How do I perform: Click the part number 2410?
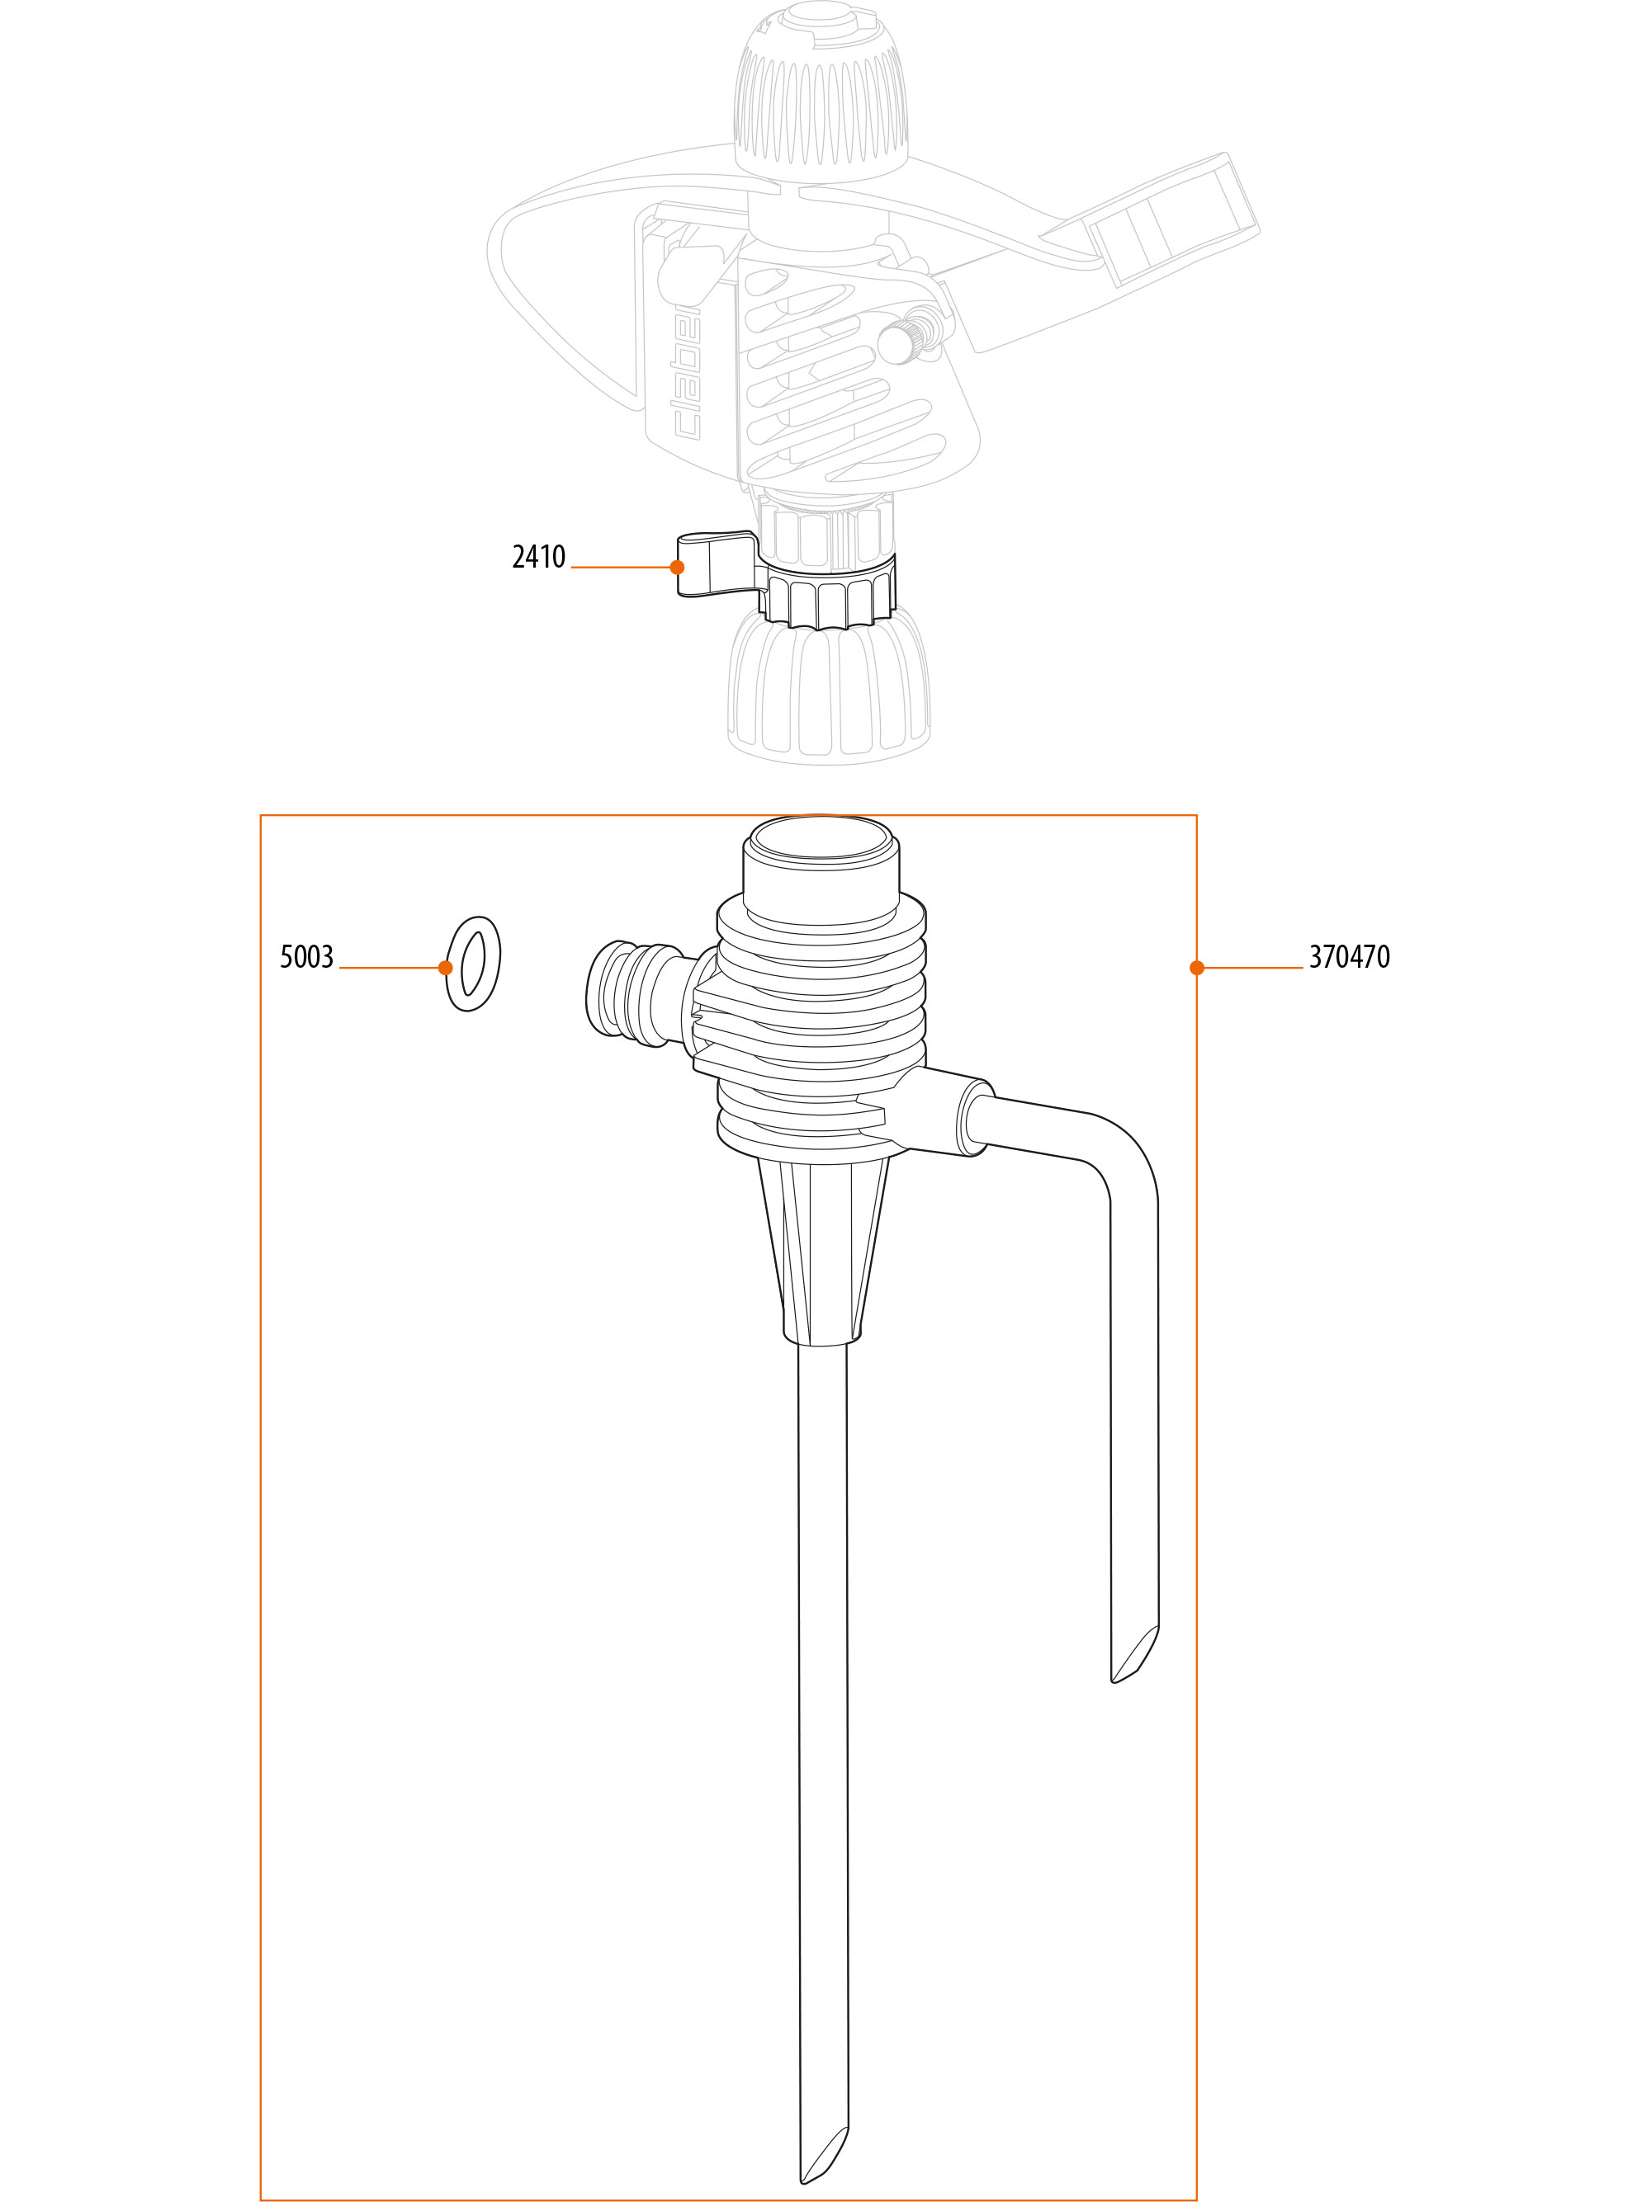(x=539, y=556)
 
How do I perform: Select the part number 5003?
(x=307, y=957)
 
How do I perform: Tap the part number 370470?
(x=1349, y=957)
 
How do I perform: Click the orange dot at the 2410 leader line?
(x=677, y=568)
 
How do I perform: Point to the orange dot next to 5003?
(x=445, y=968)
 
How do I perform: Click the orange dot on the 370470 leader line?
(x=1197, y=968)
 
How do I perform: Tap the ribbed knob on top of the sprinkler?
(x=821, y=95)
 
